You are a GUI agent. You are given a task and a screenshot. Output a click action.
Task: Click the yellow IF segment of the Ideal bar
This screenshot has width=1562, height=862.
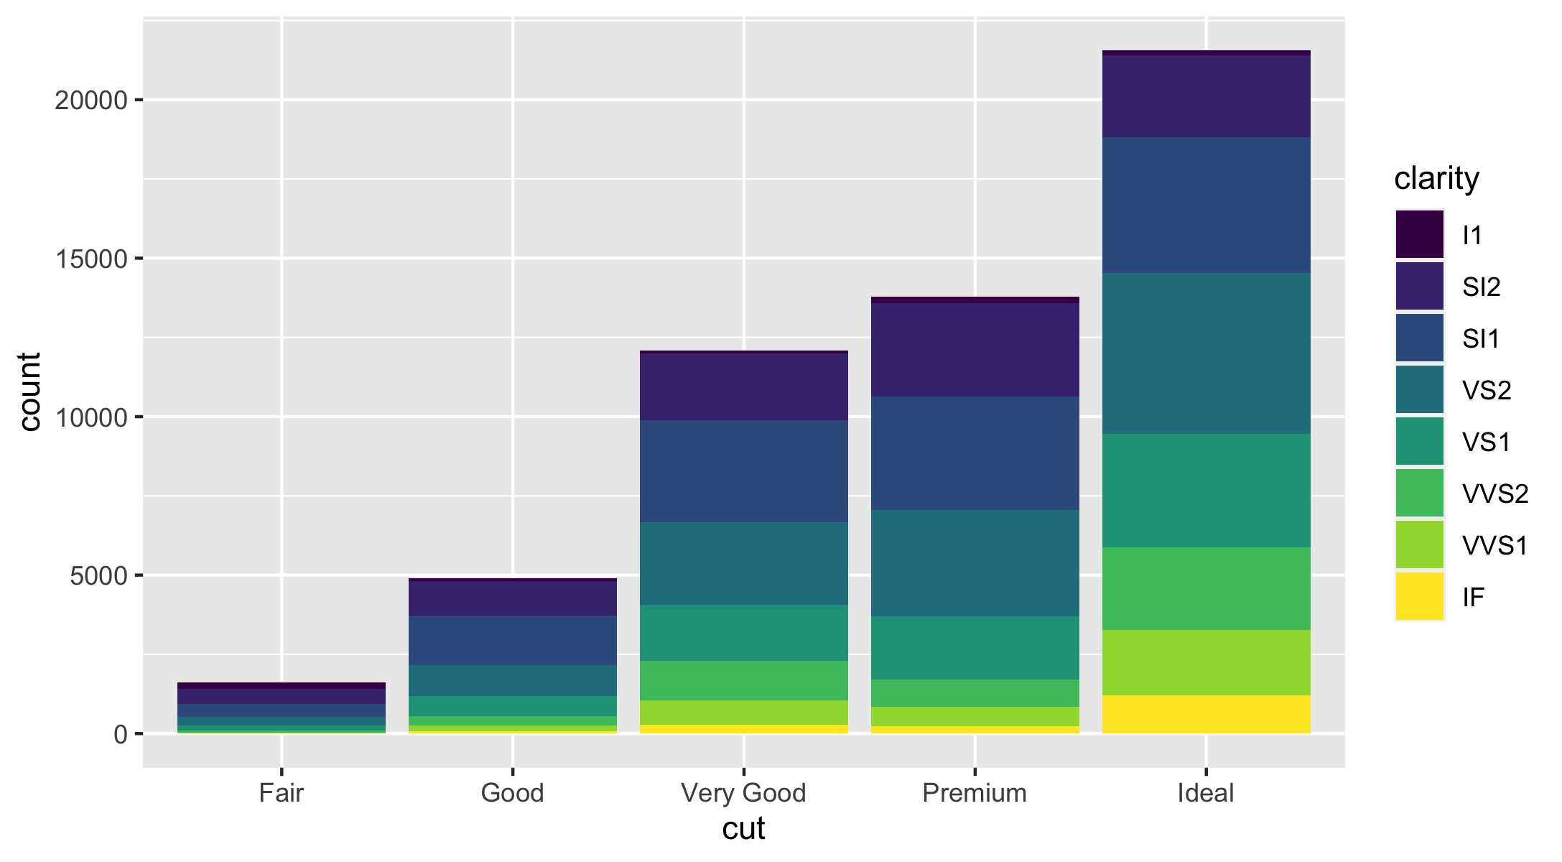pos(1206,714)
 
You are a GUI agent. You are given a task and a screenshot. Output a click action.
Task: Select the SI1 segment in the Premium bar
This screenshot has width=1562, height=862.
pos(975,453)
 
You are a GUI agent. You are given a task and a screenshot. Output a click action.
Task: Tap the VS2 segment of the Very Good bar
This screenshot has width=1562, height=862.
pos(743,563)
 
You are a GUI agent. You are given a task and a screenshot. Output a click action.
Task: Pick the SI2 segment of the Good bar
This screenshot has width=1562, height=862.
pos(512,598)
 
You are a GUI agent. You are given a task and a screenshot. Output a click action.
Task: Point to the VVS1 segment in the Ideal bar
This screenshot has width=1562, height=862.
pos(1206,662)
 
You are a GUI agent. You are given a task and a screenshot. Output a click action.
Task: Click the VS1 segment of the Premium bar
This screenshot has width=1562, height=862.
pos(975,647)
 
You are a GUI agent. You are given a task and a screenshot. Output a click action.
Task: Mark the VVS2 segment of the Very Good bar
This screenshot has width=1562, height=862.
pos(743,680)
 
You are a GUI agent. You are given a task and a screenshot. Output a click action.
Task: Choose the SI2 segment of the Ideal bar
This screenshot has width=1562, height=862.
pos(1206,96)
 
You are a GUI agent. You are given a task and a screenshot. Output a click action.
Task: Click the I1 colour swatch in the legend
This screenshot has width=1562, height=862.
pos(1419,235)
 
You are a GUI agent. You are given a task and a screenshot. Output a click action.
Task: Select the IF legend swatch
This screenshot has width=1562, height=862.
pos(1419,596)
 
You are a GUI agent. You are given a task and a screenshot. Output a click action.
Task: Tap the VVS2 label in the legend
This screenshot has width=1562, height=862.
pos(1495,493)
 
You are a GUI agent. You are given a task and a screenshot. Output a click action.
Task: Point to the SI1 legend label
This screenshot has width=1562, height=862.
pos(1481,338)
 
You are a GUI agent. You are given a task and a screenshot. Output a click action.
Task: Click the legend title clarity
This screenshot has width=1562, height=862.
pos(1436,178)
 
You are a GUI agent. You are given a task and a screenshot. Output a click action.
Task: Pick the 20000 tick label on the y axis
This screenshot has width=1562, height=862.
pos(90,100)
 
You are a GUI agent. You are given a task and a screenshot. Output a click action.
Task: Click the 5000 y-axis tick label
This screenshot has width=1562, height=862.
pos(98,575)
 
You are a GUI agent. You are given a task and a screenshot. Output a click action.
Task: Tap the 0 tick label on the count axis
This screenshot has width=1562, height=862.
pos(120,734)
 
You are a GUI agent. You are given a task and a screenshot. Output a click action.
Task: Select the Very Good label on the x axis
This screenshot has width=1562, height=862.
pos(743,793)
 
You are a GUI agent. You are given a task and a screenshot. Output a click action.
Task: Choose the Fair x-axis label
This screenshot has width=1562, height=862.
pos(281,793)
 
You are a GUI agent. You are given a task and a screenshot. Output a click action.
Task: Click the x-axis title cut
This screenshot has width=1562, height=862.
pos(743,829)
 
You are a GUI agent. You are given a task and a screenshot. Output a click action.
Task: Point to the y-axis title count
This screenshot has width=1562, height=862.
pos(30,391)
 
